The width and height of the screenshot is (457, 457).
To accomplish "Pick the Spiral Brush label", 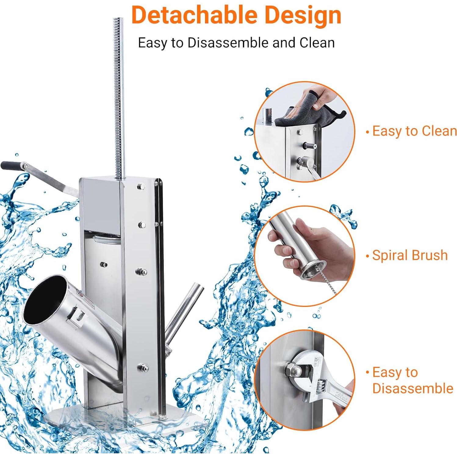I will [x=409, y=255].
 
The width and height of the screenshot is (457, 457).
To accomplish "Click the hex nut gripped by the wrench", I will [x=291, y=369].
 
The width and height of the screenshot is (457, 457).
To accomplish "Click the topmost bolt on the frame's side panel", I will [x=141, y=186].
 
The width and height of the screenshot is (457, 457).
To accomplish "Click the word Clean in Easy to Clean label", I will [x=438, y=131].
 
